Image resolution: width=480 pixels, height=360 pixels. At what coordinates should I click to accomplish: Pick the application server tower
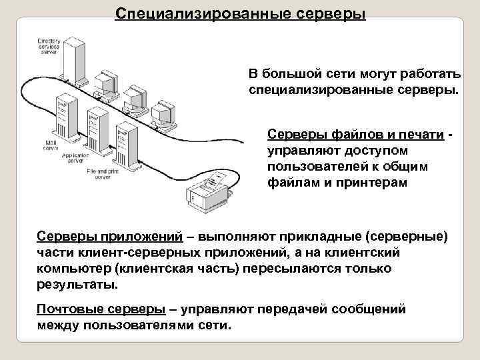[93, 131]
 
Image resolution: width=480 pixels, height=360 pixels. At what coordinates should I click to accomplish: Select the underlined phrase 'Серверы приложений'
[109, 238]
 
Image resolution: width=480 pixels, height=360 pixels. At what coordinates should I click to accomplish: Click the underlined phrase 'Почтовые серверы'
[100, 310]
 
